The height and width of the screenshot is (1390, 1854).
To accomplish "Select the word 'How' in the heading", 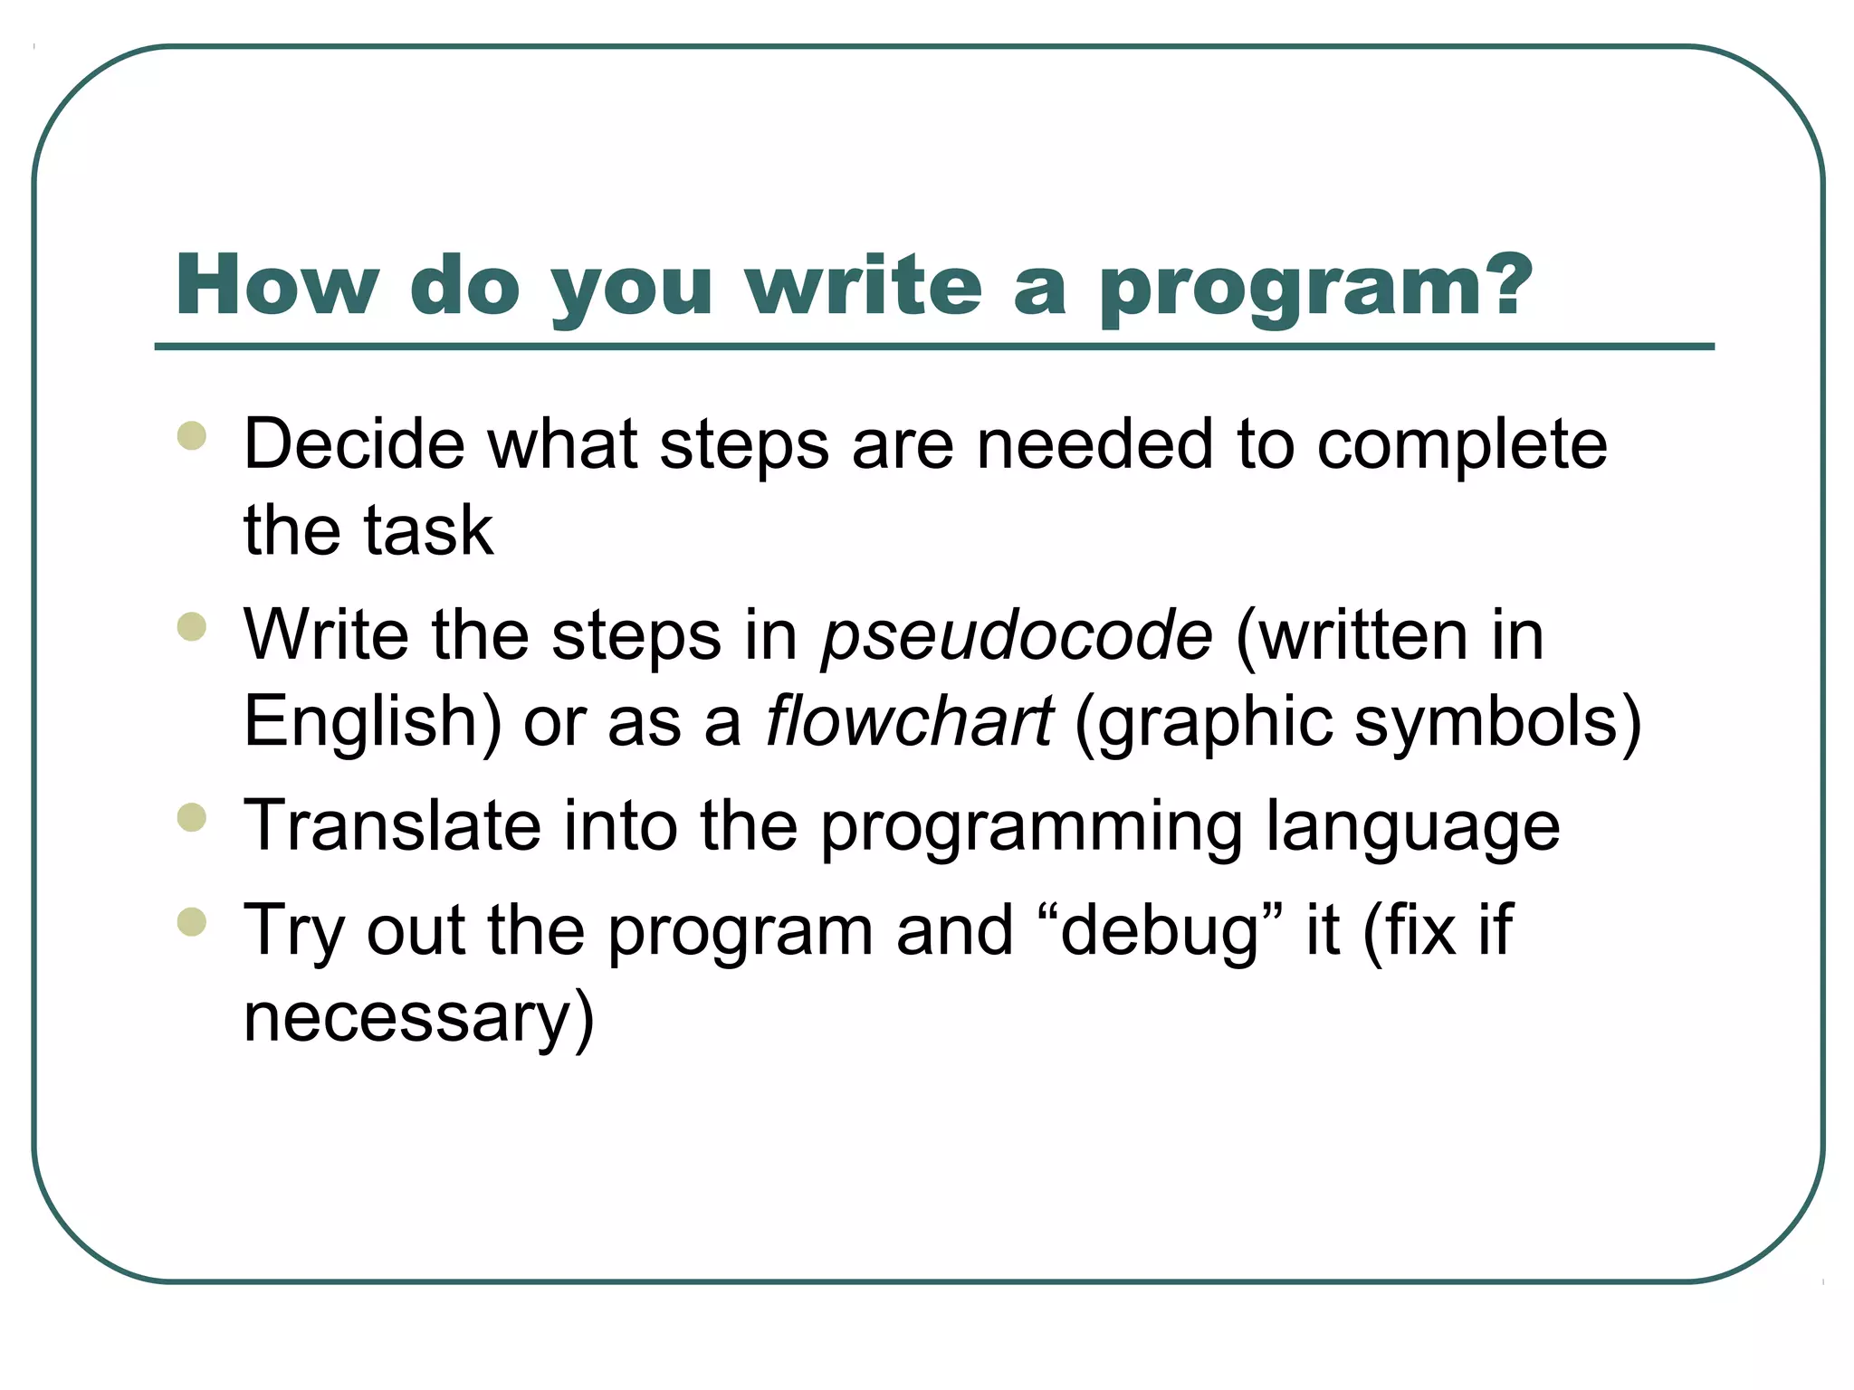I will point(277,286).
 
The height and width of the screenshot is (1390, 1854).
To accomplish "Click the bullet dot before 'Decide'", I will point(192,435).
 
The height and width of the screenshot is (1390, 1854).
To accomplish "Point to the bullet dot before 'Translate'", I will point(192,817).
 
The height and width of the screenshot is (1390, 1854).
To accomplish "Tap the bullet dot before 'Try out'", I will point(192,921).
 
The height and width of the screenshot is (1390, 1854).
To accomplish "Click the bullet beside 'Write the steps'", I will point(192,626).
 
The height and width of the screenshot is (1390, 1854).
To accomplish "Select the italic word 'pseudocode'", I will point(1017,636).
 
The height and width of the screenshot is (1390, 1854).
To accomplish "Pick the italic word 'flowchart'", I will point(909,722).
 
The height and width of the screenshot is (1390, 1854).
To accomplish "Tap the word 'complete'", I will point(1461,446).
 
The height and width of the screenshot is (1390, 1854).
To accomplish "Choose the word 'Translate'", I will point(392,825).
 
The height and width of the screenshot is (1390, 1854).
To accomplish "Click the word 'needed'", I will point(1094,444).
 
